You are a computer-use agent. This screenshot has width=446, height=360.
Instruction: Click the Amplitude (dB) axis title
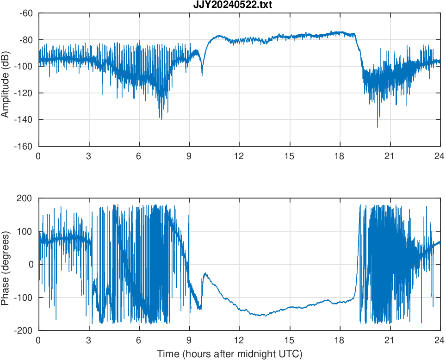(6, 80)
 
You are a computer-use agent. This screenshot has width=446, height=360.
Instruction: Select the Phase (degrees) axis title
(6, 264)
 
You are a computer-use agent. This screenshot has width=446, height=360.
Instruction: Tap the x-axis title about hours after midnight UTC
(229, 354)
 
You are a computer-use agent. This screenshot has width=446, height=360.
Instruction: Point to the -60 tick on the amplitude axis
(26, 13)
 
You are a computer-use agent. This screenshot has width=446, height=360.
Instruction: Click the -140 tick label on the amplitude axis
(24, 119)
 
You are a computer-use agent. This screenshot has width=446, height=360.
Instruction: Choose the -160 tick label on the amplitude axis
(24, 146)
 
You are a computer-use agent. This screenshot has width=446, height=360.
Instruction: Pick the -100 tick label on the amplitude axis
(24, 66)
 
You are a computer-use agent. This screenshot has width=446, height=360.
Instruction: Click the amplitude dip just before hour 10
(202, 75)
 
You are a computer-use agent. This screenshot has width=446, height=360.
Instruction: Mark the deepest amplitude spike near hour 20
(378, 127)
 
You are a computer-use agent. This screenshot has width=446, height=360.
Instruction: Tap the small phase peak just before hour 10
(205, 273)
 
